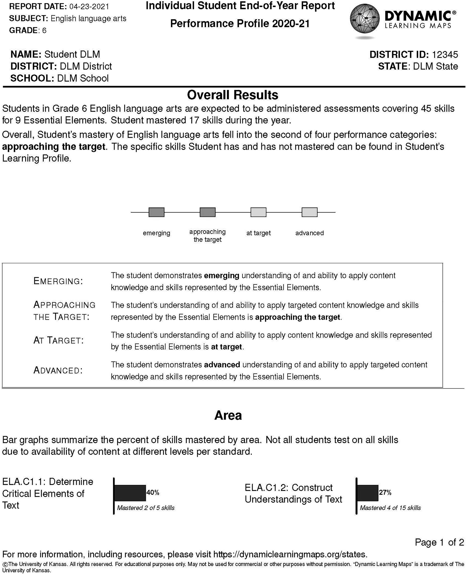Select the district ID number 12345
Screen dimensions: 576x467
445,55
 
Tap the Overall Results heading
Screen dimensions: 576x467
232,95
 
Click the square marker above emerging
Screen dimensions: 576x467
157,212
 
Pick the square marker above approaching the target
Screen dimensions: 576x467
208,212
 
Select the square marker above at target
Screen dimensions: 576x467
258,212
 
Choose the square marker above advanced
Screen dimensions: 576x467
310,212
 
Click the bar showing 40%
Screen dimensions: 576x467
130,493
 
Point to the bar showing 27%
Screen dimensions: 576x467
368,493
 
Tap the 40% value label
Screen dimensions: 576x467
153,493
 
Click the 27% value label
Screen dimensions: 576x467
385,493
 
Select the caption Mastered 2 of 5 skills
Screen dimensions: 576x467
146,508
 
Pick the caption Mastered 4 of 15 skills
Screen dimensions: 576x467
390,508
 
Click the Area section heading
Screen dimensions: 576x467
228,415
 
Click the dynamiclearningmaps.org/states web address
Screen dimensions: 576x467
290,554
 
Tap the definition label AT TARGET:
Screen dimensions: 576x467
59,341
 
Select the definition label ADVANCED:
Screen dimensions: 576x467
58,371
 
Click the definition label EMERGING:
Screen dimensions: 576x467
58,281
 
